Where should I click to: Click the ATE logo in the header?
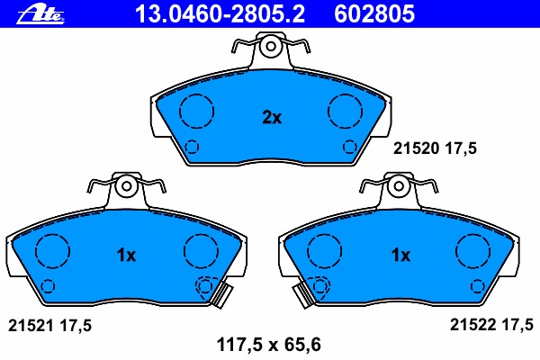(40, 14)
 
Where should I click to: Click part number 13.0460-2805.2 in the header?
(220, 13)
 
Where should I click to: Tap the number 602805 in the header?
(374, 13)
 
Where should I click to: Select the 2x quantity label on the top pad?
(272, 118)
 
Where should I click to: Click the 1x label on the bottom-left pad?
(126, 256)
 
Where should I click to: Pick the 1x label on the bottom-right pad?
(400, 256)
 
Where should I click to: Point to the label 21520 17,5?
(435, 148)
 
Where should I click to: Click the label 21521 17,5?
(49, 325)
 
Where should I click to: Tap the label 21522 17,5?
(491, 325)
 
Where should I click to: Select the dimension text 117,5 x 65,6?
(268, 345)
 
